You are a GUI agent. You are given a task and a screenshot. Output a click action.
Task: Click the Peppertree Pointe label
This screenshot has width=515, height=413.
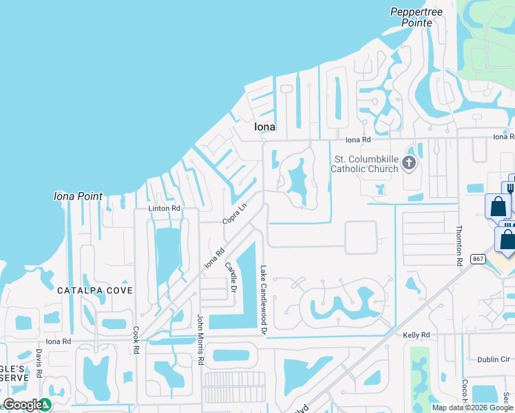[411, 17]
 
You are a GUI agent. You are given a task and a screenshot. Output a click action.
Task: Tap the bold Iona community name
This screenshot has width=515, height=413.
[265, 127]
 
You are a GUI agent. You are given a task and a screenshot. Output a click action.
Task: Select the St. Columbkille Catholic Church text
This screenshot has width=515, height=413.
[364, 164]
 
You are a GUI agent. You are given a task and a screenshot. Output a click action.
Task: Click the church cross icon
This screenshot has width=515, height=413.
[409, 163]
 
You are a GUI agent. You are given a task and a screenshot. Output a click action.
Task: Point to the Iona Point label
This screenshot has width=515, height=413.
[78, 196]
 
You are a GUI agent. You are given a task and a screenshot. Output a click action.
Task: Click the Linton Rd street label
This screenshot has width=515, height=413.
[164, 208]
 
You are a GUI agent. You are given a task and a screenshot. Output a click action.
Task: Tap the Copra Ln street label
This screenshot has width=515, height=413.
[234, 213]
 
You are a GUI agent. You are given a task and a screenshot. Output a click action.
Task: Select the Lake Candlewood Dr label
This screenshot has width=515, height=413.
[263, 300]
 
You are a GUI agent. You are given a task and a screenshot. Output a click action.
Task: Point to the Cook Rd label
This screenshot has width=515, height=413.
[136, 339]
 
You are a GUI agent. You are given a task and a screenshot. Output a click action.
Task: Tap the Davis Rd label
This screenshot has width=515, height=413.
[40, 363]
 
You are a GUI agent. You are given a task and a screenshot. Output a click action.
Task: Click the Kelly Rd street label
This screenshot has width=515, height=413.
[416, 335]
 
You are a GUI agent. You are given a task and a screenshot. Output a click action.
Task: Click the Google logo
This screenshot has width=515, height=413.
[23, 405]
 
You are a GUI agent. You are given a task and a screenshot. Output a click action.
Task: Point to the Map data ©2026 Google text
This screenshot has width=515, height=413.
[473, 407]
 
